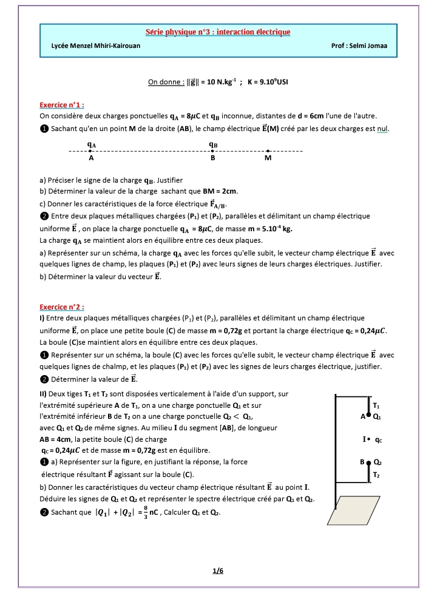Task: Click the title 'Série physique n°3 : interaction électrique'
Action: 218,32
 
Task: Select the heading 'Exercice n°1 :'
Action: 61,104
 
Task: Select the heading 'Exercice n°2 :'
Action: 61,306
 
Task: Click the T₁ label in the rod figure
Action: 376,405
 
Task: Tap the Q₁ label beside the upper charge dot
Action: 377,416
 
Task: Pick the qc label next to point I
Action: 379,439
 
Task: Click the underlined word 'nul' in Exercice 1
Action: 382,128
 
